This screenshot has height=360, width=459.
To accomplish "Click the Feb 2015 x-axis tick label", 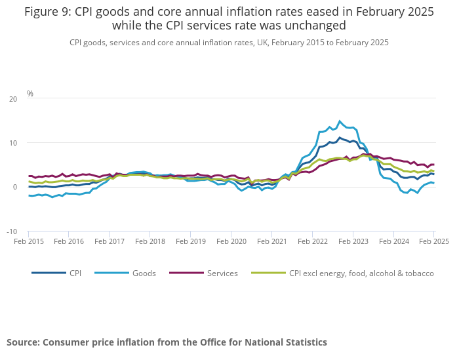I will click(x=29, y=241).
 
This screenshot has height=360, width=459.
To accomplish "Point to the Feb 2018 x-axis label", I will click(x=150, y=241).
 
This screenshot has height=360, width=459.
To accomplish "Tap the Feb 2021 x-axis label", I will click(x=271, y=241).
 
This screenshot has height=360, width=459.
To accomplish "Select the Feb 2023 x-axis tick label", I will click(x=352, y=241).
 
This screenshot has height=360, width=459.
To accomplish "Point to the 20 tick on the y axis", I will click(x=14, y=99).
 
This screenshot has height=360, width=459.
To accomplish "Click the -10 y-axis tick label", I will click(x=12, y=231).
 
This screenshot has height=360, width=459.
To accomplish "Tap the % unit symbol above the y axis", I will click(x=30, y=94).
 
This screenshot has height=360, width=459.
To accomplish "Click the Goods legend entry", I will click(x=143, y=273).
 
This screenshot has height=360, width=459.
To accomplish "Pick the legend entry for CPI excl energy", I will click(x=361, y=273).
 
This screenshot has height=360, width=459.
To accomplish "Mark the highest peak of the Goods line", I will click(x=340, y=121).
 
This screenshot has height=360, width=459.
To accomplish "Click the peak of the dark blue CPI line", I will click(x=340, y=138).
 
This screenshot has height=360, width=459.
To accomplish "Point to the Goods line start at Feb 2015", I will click(x=29, y=195).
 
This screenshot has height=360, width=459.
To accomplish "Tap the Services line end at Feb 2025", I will click(x=433, y=165).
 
